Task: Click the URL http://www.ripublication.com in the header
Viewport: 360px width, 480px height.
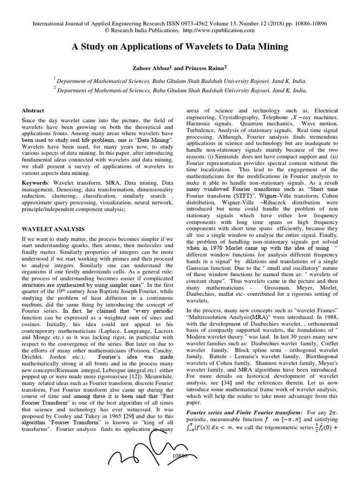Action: (x=221, y=30)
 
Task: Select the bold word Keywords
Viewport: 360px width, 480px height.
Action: (x=35, y=182)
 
